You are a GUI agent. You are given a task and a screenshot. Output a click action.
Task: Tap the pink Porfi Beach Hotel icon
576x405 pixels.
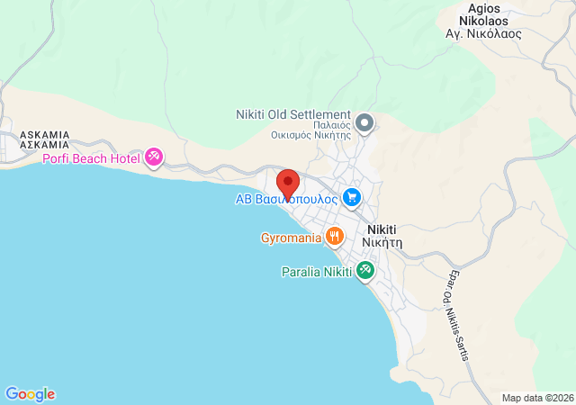tap(154, 157)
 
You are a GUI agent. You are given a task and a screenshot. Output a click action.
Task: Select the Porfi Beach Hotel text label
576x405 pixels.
tap(91, 158)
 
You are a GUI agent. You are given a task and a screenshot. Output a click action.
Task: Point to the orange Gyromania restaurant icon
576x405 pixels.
tap(334, 237)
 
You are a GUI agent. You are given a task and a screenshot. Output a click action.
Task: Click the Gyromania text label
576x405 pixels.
tap(291, 238)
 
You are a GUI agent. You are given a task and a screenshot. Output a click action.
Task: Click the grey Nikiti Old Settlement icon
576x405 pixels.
tap(364, 121)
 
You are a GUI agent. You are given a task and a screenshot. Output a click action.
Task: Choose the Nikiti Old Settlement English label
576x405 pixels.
tap(292, 114)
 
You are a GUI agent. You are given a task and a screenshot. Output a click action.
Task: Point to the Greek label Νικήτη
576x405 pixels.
tap(382, 242)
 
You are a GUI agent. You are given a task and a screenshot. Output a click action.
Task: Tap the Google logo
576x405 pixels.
tap(30, 394)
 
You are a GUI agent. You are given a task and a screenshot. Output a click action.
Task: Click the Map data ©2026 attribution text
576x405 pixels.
tap(536, 398)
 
